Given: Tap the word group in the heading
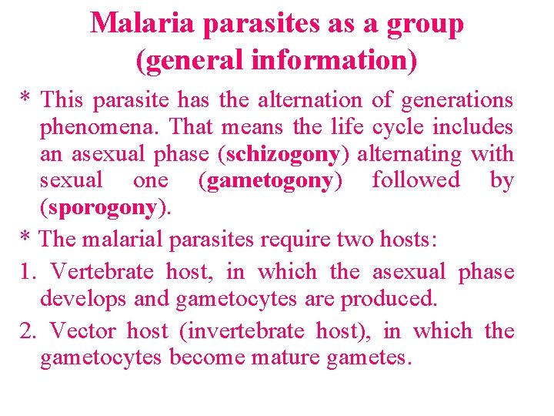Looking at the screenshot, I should coord(426,24).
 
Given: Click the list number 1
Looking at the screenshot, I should coord(27,272).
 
